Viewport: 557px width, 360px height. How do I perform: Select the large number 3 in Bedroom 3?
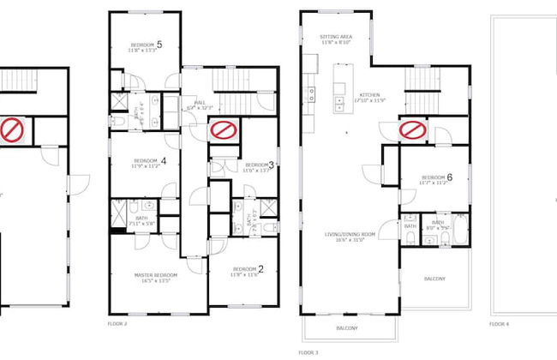coord(272,165)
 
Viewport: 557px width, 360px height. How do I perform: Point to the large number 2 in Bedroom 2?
coord(261,269)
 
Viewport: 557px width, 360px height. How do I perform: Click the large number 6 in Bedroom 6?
coord(449,177)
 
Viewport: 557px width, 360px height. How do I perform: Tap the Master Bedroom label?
coord(155,275)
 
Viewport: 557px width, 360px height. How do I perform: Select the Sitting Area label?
coord(336,38)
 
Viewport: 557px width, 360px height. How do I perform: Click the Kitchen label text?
coord(370,95)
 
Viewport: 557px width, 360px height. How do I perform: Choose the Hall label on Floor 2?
coord(200,103)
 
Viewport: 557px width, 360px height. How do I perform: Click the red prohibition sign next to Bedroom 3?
coord(224,130)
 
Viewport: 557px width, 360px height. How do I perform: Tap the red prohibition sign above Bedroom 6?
coord(414,130)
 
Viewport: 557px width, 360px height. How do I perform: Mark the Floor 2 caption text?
coord(117,325)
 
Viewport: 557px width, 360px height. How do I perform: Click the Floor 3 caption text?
coord(308,352)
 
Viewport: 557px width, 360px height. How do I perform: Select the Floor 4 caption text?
coord(498,325)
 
